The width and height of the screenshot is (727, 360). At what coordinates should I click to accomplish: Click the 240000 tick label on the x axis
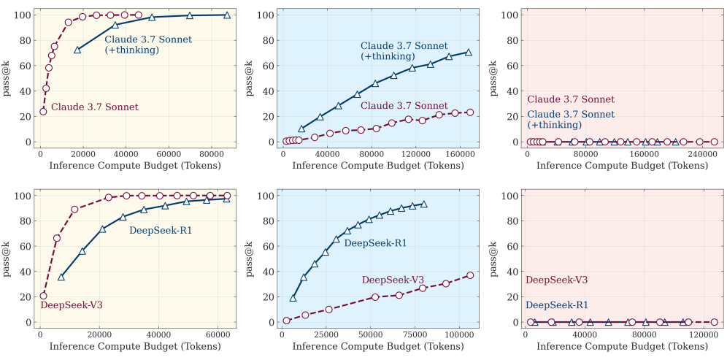coord(699,154)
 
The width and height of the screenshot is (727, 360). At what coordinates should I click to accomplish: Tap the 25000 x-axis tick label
coord(326,334)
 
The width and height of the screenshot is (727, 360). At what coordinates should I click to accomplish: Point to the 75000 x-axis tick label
coord(415,334)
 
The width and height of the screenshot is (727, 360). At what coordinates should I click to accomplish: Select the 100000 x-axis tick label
coord(459,334)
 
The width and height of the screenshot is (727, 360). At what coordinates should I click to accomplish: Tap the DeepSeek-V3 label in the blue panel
coord(393,280)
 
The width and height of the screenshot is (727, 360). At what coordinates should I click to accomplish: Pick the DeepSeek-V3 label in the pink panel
coord(557,280)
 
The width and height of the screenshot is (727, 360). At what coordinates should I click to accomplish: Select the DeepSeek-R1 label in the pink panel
coord(557,305)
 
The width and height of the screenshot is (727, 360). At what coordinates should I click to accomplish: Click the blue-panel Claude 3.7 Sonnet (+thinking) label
coord(404,51)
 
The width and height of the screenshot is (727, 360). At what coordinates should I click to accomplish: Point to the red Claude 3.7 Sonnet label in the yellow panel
coord(94,107)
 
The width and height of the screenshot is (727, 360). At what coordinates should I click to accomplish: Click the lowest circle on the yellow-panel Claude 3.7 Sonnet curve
coord(43,112)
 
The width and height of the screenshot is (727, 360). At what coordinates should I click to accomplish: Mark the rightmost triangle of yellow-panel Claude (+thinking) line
coord(227,15)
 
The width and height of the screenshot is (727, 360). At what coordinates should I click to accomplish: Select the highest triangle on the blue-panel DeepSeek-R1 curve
coord(423,204)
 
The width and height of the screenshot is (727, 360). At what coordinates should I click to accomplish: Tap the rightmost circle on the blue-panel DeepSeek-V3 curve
coord(470,275)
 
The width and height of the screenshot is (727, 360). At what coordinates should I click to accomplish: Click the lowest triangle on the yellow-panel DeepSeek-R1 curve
coord(61,277)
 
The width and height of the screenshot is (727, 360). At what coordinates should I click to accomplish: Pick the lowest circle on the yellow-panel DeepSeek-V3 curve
coord(43,296)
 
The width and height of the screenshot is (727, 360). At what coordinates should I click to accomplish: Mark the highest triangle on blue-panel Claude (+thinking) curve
coord(469,53)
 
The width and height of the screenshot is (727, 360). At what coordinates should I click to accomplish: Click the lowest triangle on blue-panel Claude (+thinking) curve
coord(302,129)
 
